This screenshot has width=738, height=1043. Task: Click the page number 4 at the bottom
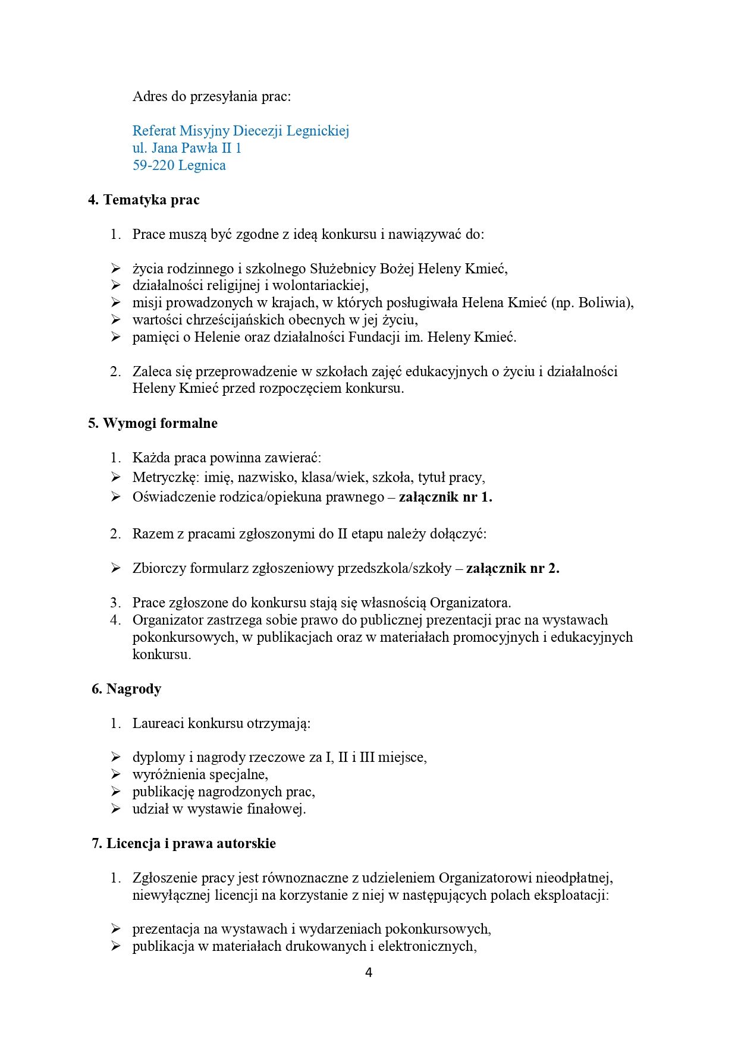point(369,973)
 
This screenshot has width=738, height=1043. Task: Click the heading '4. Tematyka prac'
point(144,200)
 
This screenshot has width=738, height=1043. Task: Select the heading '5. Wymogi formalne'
point(153,423)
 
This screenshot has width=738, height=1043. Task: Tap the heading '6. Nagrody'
point(126,689)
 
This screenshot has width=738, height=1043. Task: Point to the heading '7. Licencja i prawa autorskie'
point(183,843)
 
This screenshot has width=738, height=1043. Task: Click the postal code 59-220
point(153,165)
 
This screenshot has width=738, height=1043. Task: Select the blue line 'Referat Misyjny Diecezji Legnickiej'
point(240,131)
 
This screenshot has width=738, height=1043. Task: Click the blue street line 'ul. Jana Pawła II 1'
point(187,148)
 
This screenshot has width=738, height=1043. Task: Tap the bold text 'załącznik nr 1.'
point(445,497)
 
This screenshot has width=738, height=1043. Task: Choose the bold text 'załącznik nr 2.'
point(513,568)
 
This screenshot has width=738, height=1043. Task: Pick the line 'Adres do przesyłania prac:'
point(212,96)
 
